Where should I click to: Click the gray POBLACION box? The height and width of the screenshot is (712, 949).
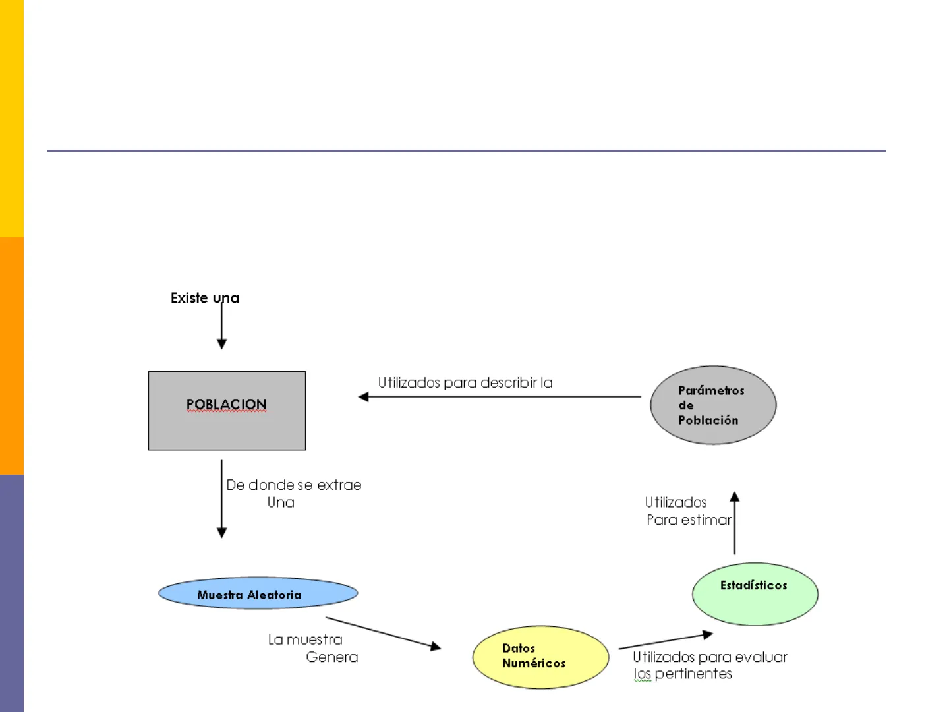(227, 411)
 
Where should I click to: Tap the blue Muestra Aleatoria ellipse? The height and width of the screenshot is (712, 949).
(258, 593)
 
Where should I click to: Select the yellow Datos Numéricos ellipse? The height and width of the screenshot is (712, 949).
(540, 657)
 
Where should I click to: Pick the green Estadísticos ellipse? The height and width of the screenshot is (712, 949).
(755, 594)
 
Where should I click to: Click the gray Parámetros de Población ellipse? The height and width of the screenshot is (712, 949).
(713, 405)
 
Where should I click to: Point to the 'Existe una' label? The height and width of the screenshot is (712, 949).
(204, 298)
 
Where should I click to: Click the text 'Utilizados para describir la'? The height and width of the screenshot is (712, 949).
(465, 383)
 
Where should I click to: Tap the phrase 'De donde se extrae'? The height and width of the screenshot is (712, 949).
(294, 485)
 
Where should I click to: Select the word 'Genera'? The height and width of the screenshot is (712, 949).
(332, 657)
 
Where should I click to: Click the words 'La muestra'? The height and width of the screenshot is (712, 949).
(305, 639)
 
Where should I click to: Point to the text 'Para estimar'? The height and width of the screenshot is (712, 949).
(689, 520)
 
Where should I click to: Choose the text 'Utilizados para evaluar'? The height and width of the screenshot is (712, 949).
(710, 657)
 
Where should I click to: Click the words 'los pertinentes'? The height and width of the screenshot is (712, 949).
(683, 674)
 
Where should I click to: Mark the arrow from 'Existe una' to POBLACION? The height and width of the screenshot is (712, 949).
(222, 326)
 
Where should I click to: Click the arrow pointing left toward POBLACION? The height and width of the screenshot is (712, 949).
(499, 397)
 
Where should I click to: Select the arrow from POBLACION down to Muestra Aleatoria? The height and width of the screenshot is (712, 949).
(222, 499)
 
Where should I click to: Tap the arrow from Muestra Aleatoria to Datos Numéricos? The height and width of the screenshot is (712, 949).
(383, 634)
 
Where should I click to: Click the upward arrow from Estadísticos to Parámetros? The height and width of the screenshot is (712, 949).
(735, 523)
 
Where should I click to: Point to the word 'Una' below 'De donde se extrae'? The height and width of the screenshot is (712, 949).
(281, 503)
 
